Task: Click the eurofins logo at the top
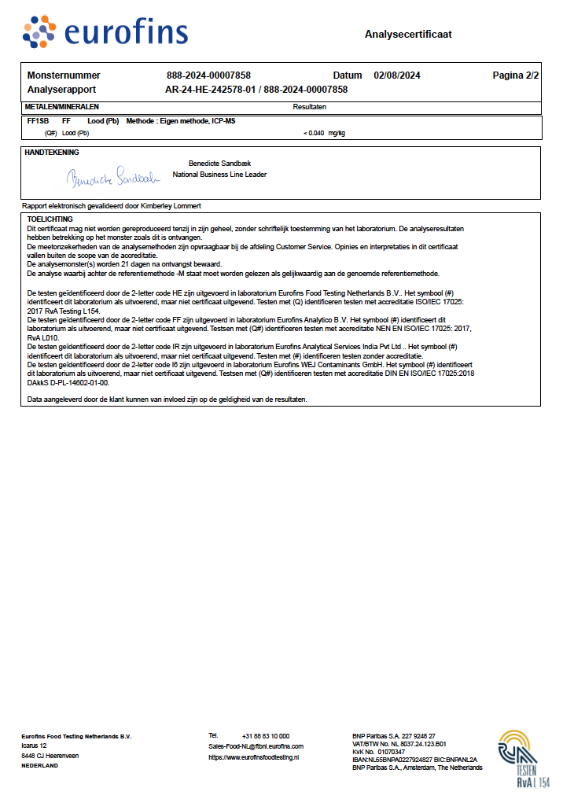(x=105, y=32)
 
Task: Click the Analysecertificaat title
(x=408, y=35)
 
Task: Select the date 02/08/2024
(x=398, y=75)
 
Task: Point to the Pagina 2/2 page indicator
(x=516, y=75)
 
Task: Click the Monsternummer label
(x=64, y=75)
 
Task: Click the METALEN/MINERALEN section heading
(x=62, y=106)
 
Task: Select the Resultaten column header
(x=310, y=106)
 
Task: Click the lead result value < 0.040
(x=313, y=133)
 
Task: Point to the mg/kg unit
(x=337, y=133)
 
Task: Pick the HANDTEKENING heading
(x=52, y=152)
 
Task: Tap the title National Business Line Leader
(x=219, y=175)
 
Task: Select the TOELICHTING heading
(x=50, y=219)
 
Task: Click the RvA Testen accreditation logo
(x=523, y=758)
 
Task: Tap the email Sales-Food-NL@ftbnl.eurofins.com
(x=256, y=746)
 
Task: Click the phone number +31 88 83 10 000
(x=266, y=735)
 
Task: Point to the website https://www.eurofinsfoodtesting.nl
(x=253, y=757)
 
